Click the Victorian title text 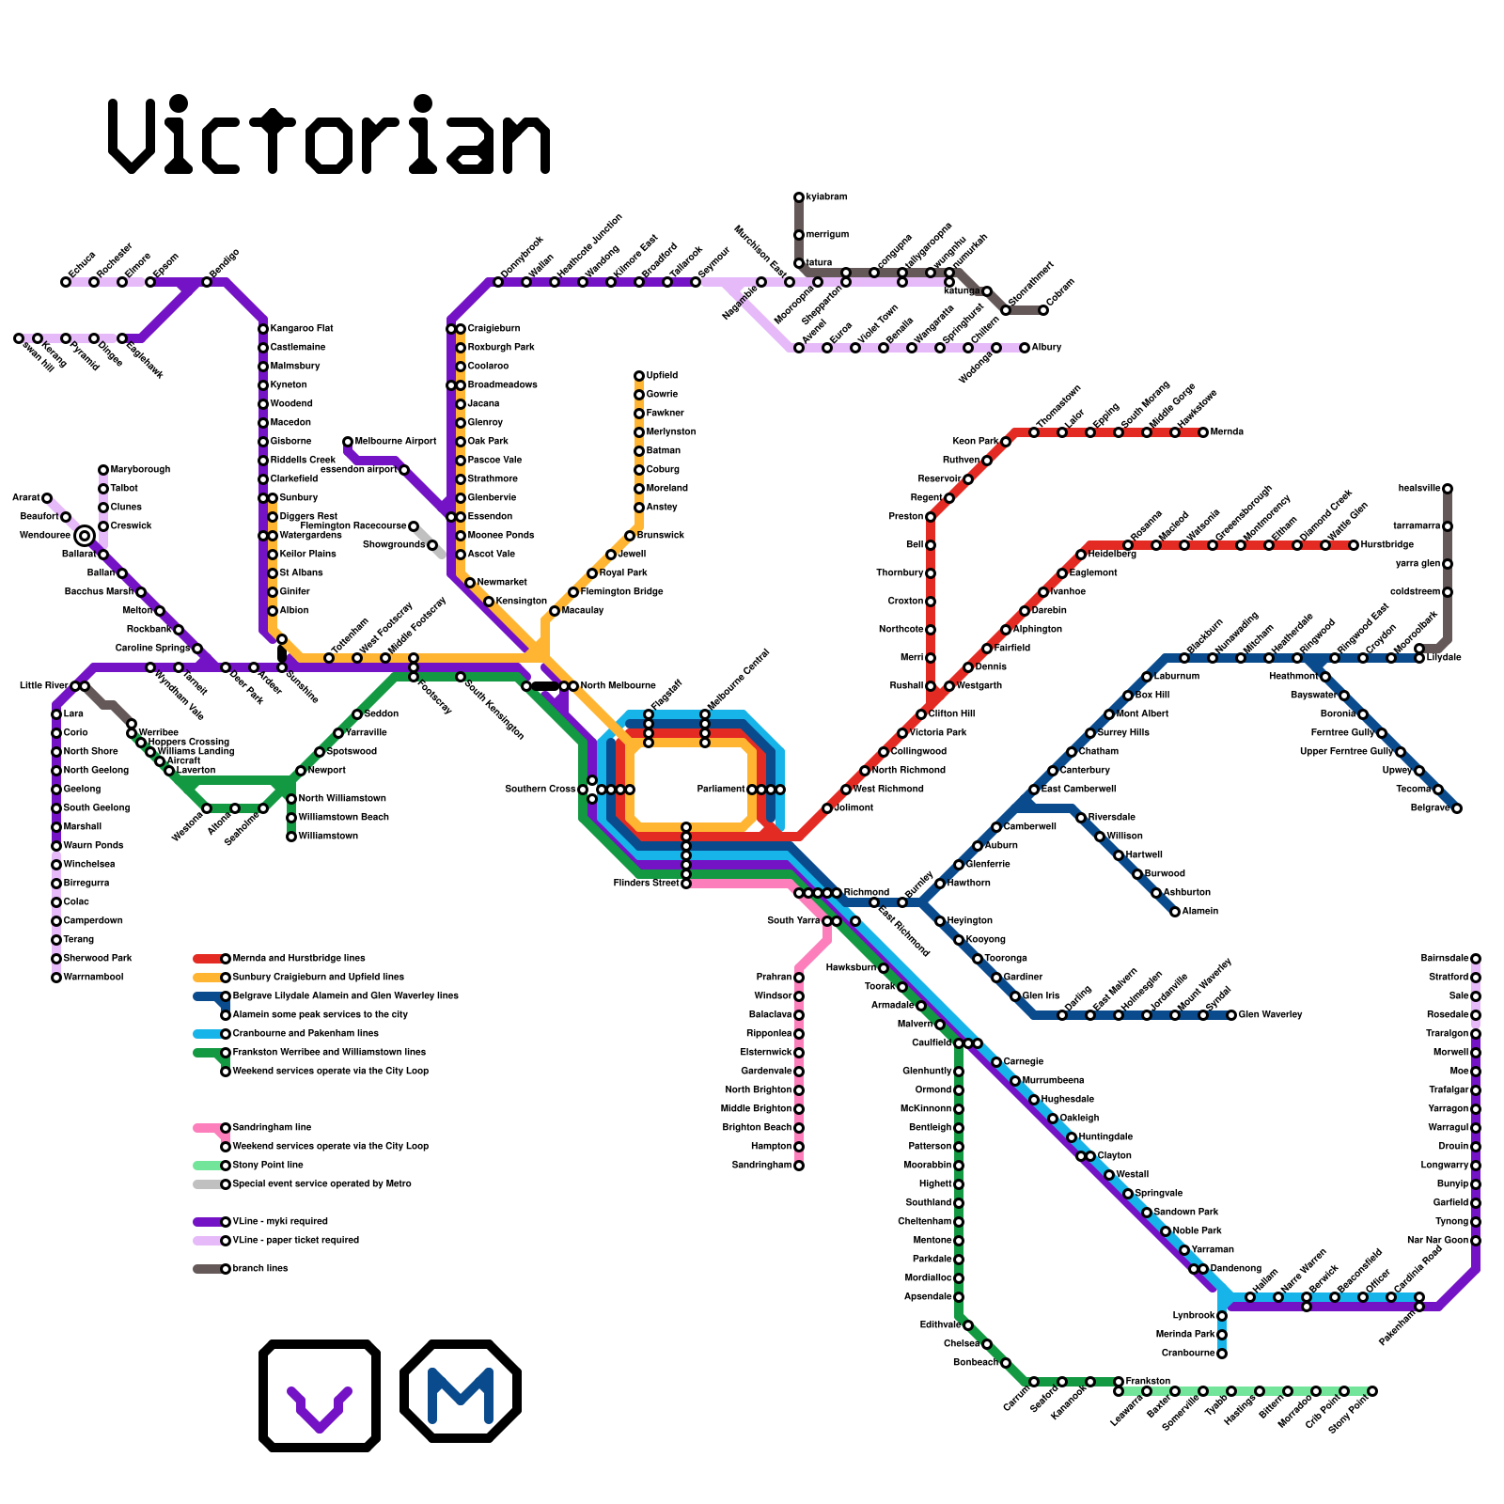pos(329,136)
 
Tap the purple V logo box pos(320,1395)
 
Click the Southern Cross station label pos(540,790)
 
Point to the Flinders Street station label pos(646,884)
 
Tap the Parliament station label pos(721,790)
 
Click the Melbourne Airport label pos(396,442)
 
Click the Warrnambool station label pos(94,978)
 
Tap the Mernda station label pos(1228,432)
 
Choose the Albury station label pos(1047,348)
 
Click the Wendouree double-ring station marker pos(85,536)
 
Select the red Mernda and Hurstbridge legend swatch pos(207,959)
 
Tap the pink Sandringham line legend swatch pos(207,1128)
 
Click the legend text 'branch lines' pos(260,1269)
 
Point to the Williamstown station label pos(328,837)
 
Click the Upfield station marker pos(639,376)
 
